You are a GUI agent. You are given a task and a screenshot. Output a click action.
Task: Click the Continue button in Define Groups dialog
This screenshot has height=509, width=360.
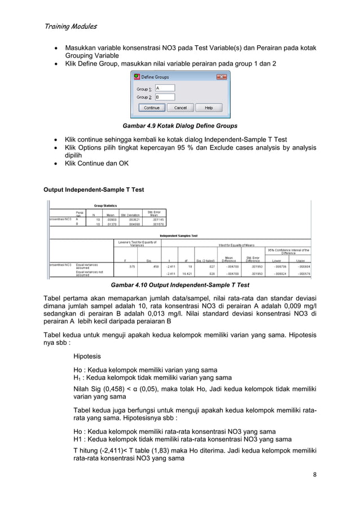(x=151, y=107)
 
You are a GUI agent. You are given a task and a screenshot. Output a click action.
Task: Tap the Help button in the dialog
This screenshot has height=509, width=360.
(x=208, y=107)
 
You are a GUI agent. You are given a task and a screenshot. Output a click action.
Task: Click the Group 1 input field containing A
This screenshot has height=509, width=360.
(x=164, y=88)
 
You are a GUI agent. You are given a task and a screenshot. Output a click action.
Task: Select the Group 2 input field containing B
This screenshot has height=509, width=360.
(x=164, y=97)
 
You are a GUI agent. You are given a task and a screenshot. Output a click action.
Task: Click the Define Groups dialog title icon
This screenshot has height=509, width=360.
(x=135, y=76)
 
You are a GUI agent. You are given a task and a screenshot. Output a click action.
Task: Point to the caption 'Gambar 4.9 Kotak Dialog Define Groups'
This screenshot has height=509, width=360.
(x=180, y=125)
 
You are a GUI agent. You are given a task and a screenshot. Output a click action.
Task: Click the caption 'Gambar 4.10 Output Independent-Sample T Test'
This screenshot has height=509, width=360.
(x=180, y=285)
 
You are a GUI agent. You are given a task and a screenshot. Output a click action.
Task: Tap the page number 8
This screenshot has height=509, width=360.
(x=314, y=490)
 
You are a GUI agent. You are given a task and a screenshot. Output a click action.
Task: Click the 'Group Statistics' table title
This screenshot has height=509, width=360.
(x=106, y=206)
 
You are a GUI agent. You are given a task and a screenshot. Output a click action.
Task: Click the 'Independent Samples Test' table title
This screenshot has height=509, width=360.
(x=178, y=235)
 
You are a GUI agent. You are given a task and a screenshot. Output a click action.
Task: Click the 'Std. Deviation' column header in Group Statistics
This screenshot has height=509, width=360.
(x=129, y=214)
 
